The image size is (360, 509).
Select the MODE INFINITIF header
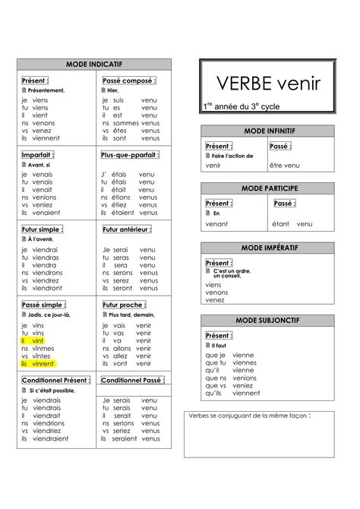[x=268, y=131]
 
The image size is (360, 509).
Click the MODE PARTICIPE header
[x=268, y=188]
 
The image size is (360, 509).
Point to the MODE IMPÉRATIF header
[x=268, y=248]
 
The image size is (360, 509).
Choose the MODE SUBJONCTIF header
[x=268, y=322]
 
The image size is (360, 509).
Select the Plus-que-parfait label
[x=129, y=155]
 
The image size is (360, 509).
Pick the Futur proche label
[x=124, y=305]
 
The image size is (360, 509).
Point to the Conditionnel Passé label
[x=131, y=379]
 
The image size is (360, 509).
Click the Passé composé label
[x=128, y=81]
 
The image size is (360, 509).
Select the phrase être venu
[x=285, y=165]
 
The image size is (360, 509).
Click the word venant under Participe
[x=216, y=224]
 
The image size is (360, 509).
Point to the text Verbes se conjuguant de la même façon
[x=249, y=416]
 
